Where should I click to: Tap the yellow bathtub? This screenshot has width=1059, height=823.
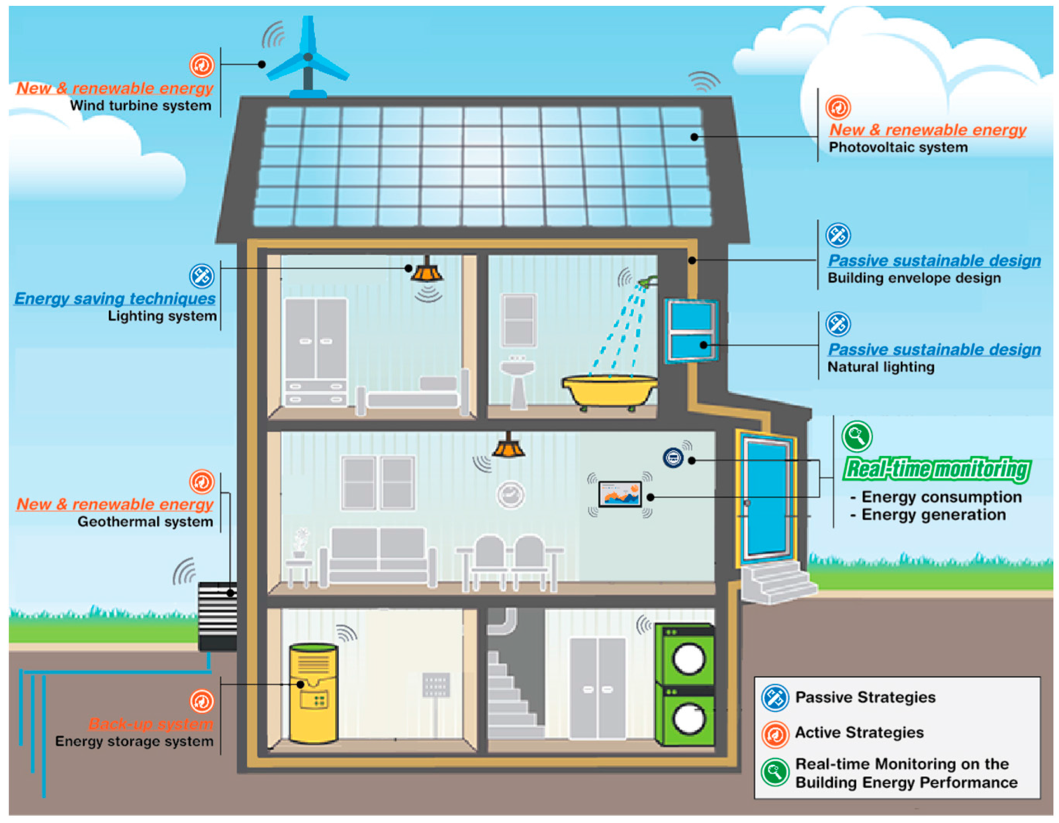pyautogui.click(x=609, y=390)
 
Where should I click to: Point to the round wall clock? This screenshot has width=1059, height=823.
pyautogui.click(x=510, y=495)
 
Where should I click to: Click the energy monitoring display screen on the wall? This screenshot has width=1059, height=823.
pyautogui.click(x=620, y=495)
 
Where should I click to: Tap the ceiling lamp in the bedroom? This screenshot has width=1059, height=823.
pyautogui.click(x=427, y=271)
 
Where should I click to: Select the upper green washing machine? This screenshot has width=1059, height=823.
pyautogui.click(x=685, y=655)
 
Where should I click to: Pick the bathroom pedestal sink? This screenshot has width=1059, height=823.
pyautogui.click(x=518, y=380)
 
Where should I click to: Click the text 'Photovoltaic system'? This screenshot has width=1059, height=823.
pyautogui.click(x=898, y=148)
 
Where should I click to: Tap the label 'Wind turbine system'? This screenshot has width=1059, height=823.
pyautogui.click(x=140, y=106)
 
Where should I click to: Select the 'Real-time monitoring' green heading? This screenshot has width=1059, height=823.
pyautogui.click(x=937, y=469)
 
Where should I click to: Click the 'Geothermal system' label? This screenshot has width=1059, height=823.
pyautogui.click(x=145, y=522)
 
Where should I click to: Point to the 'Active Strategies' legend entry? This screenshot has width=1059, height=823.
pyautogui.click(x=858, y=733)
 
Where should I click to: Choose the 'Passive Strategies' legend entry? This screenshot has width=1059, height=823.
pyautogui.click(x=864, y=697)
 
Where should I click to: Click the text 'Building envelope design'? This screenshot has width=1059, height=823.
pyautogui.click(x=914, y=278)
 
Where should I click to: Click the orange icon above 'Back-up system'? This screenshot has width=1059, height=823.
pyautogui.click(x=202, y=701)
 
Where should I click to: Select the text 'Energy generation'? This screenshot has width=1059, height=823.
pyautogui.click(x=933, y=515)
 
